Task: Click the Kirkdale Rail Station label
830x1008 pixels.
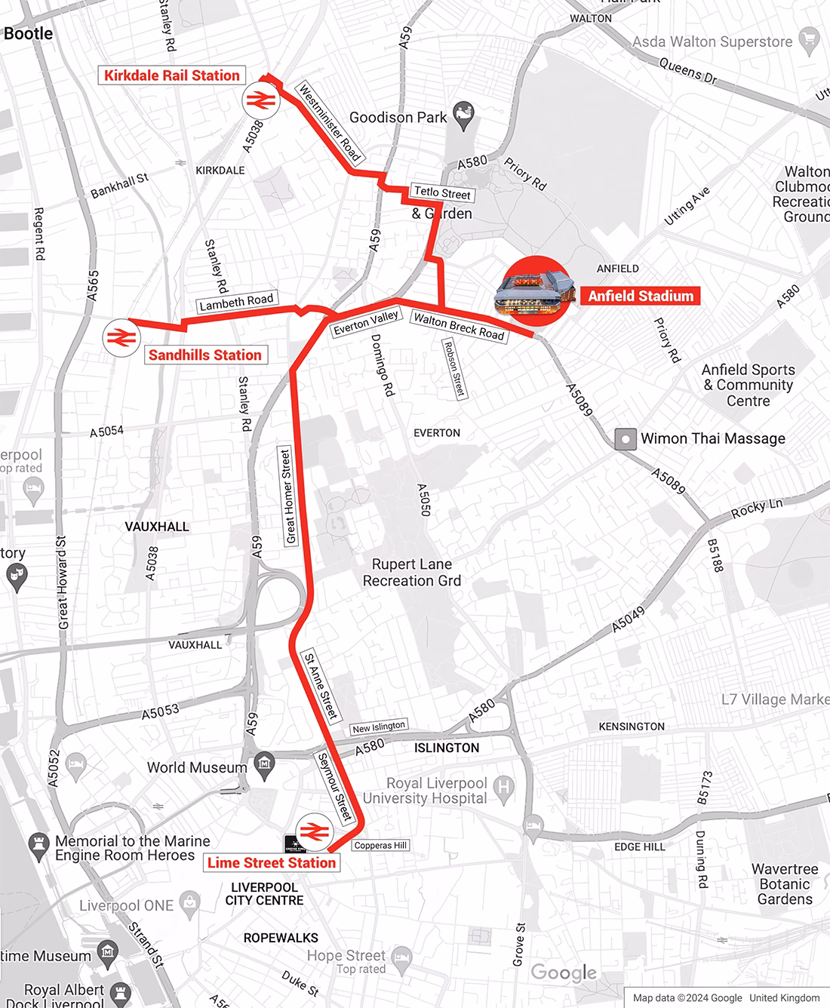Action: click(x=172, y=75)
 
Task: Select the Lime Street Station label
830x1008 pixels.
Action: click(x=271, y=862)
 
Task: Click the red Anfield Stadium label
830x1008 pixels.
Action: click(x=641, y=297)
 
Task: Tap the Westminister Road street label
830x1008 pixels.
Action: click(x=330, y=122)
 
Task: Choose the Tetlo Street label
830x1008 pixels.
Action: click(x=442, y=193)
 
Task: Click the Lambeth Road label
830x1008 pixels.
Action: click(x=236, y=302)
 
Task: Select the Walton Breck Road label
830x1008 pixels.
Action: click(x=458, y=327)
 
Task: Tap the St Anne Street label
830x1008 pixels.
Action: click(x=320, y=687)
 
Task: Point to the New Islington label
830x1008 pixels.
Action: click(x=379, y=727)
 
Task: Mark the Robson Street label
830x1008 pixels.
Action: click(x=453, y=368)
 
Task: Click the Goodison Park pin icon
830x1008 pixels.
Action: click(x=462, y=114)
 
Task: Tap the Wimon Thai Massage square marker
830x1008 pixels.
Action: click(x=625, y=439)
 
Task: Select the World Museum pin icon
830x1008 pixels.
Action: click(x=263, y=763)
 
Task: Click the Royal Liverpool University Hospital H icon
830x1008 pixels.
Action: click(x=503, y=788)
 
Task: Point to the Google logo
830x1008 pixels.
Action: click(x=564, y=973)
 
